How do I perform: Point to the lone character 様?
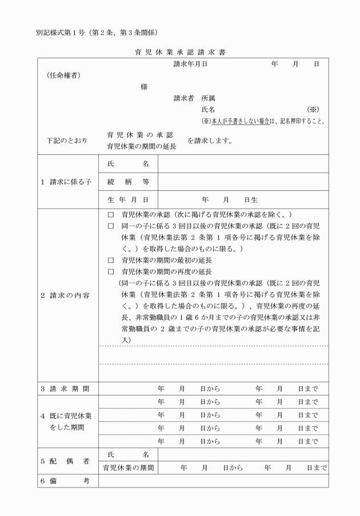pyautogui.click(x=143, y=87)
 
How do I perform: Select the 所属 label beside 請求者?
pyautogui.click(x=208, y=98)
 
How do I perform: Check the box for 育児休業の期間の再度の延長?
pyautogui.click(x=111, y=271)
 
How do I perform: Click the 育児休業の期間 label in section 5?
pyautogui.click(x=128, y=467)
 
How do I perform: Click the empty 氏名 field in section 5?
pyautogui.click(x=243, y=454)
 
